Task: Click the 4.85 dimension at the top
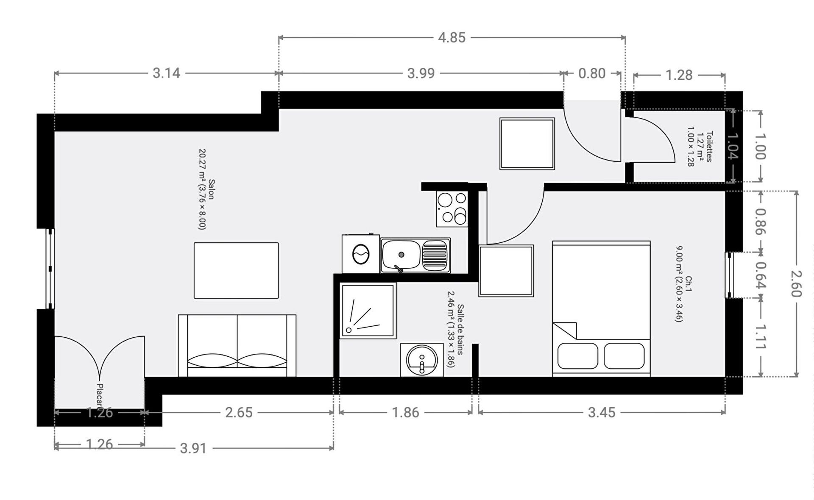452,38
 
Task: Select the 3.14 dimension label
166,73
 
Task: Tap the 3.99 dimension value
421,73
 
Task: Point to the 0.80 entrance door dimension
592,73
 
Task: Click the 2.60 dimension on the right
796,283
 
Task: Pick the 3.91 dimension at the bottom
193,448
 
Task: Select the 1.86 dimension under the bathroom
405,412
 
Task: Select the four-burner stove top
452,208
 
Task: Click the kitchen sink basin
401,255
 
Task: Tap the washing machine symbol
361,253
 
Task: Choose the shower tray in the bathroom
368,311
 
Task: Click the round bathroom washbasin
422,360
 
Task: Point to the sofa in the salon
237,345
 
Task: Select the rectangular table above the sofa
236,270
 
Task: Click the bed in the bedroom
601,308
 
